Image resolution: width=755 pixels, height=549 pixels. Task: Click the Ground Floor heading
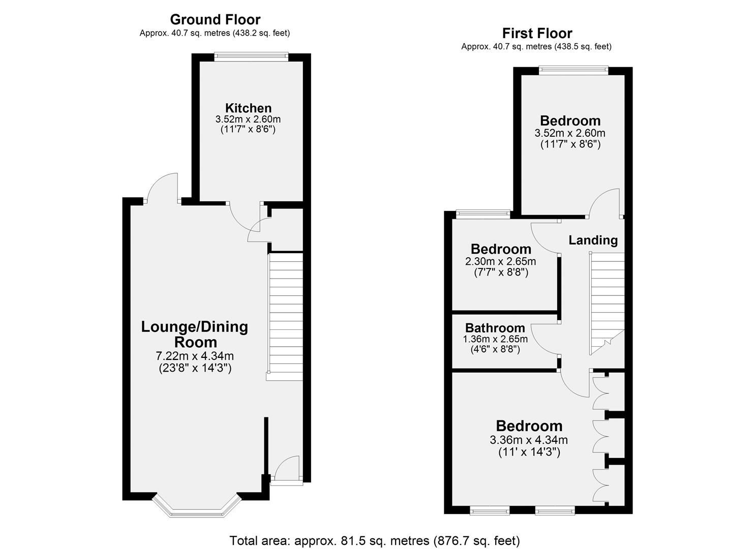[x=215, y=20]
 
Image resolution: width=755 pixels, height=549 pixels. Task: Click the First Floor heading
[x=537, y=34]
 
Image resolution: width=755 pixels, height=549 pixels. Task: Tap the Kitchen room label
[x=248, y=108]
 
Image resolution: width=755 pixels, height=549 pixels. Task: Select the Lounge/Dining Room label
[x=195, y=334]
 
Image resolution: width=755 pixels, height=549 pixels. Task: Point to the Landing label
[x=593, y=240]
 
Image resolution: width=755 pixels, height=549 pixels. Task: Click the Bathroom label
[x=495, y=328]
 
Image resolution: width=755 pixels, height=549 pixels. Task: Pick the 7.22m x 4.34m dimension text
[x=195, y=356]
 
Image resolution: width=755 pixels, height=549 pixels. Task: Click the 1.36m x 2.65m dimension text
[x=495, y=339]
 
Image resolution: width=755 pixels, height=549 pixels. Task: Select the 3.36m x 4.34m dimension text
[x=529, y=440]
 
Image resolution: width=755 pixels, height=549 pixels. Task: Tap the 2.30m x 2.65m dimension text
[x=500, y=261]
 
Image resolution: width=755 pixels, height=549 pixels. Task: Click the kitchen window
[x=252, y=56]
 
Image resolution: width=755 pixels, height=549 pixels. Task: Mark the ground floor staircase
[x=285, y=316]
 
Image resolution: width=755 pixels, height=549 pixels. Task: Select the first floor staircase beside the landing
[x=607, y=303]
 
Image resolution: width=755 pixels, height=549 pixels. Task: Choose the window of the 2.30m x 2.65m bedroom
[x=483, y=212]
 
